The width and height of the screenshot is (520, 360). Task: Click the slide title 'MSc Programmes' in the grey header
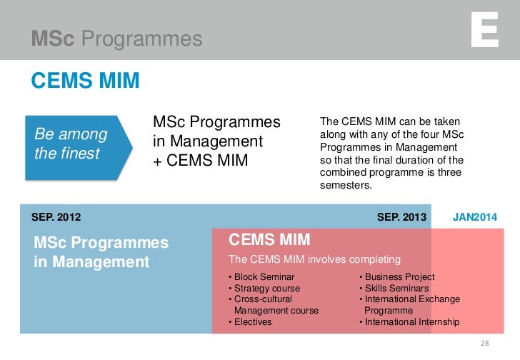click(116, 39)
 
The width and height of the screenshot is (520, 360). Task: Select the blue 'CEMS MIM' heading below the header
click(85, 81)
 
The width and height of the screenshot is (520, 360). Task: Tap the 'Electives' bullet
click(250, 322)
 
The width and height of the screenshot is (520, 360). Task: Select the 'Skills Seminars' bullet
click(395, 289)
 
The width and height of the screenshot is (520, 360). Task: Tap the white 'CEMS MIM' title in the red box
click(269, 239)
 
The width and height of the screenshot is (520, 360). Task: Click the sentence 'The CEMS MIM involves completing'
click(314, 259)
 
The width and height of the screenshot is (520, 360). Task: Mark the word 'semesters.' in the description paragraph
click(346, 185)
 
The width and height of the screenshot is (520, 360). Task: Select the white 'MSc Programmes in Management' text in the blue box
click(101, 252)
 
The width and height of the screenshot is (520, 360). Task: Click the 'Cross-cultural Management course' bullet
click(273, 305)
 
